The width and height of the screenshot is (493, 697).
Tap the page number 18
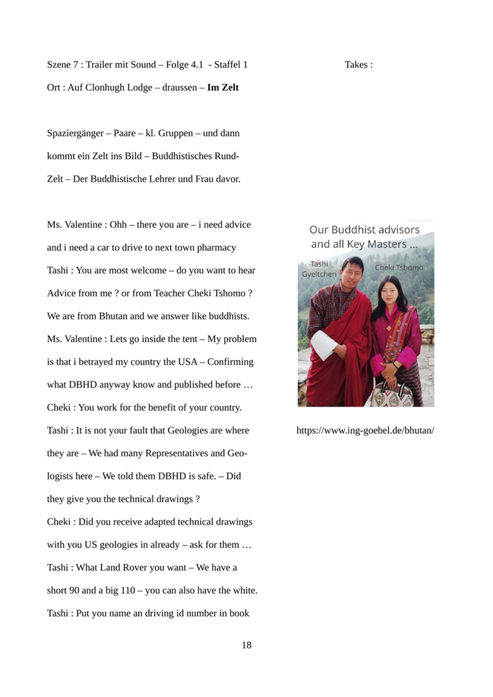[246, 645]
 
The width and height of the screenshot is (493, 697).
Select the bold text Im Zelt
[223, 87]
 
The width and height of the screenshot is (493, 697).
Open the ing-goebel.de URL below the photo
[365, 431]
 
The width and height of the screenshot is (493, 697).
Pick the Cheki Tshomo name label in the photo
[399, 268]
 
